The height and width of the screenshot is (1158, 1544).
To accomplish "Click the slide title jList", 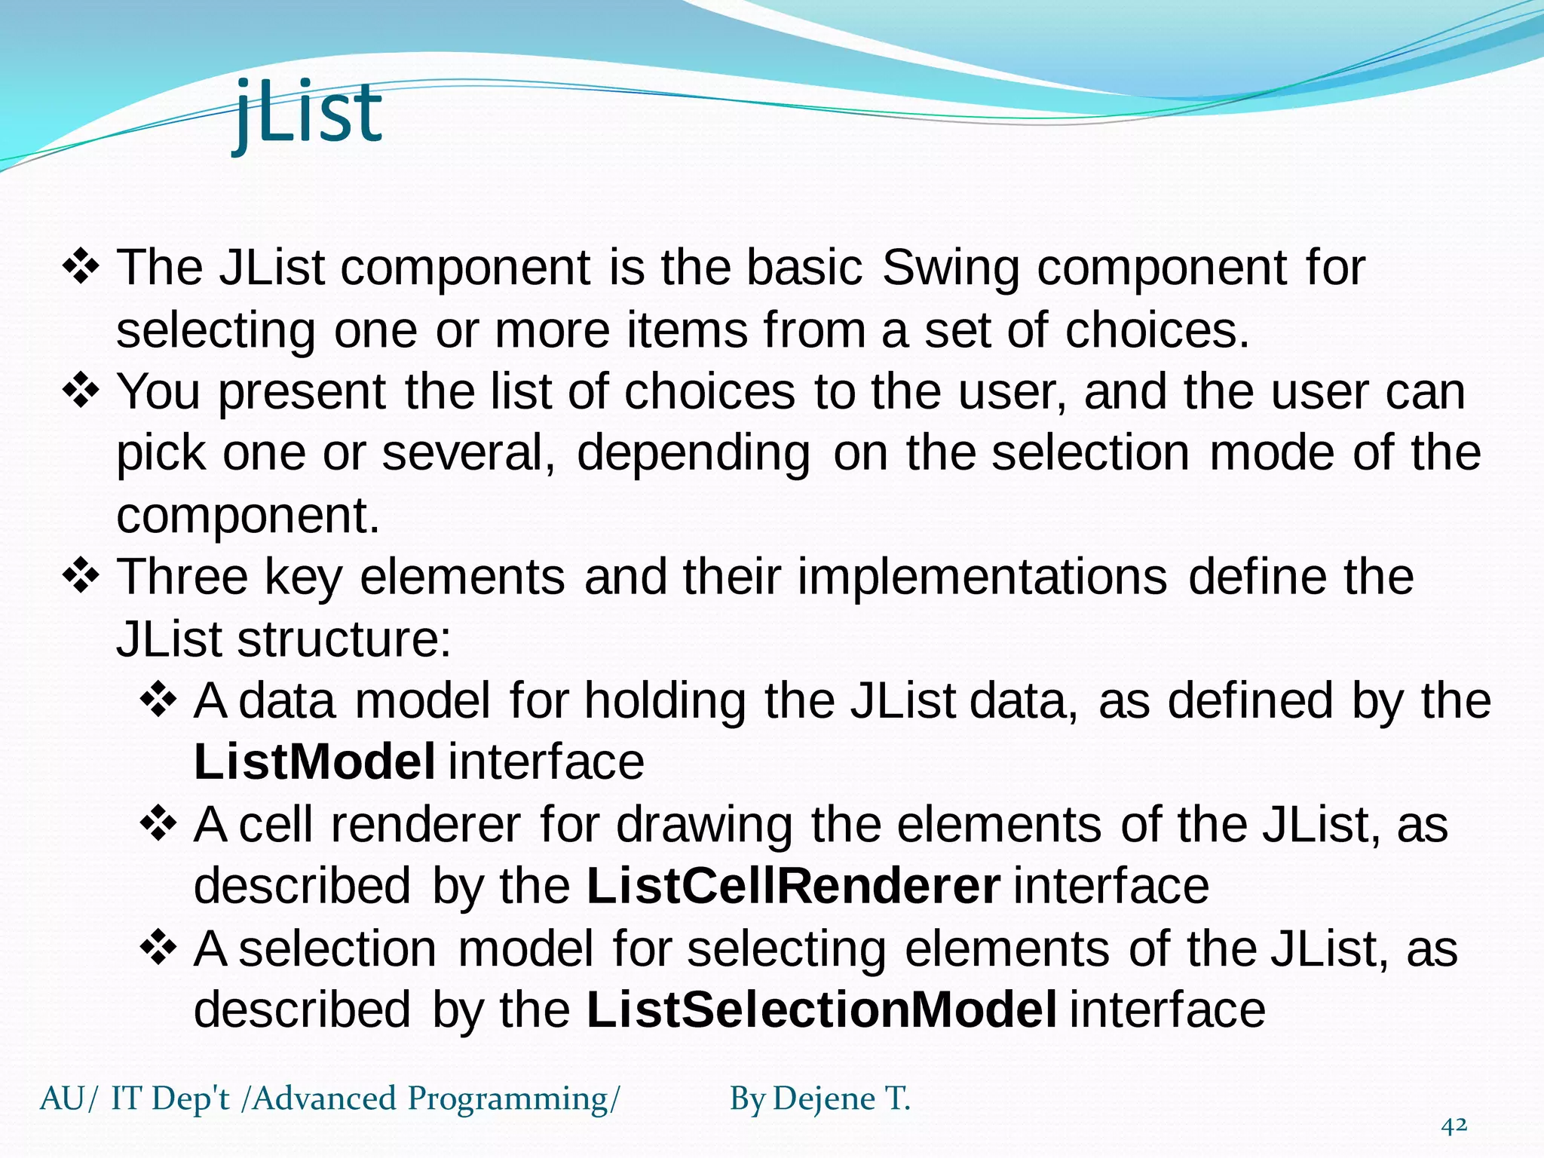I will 308,113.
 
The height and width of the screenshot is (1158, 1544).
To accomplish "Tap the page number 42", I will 1454,1126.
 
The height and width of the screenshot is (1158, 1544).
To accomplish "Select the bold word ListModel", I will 314,761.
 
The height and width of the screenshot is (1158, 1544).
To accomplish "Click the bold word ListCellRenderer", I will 793,885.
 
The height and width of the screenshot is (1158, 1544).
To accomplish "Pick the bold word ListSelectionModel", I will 821,1009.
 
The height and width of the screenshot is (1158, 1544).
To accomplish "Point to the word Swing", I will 950,269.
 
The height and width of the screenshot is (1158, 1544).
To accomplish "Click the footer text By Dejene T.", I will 819,1098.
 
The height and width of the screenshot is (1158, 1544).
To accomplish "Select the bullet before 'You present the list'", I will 81,391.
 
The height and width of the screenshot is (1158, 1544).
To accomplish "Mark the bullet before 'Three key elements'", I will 81,576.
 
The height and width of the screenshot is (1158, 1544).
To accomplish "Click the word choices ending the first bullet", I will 1156,330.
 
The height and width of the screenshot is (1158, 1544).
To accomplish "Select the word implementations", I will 982,577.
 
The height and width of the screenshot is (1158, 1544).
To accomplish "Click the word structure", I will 343,639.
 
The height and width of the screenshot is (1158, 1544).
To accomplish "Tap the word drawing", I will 704,825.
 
